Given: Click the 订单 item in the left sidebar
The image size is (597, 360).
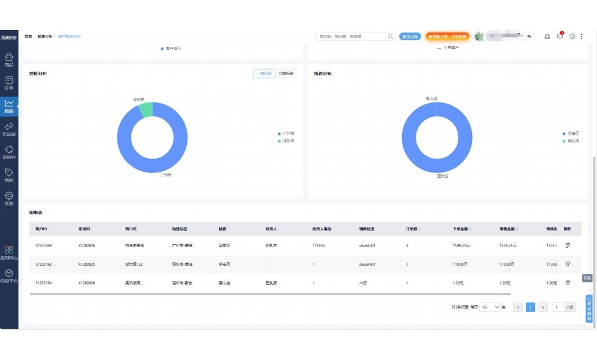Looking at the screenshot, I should click(9, 83).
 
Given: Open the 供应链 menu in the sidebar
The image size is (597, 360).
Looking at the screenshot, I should click(9, 129).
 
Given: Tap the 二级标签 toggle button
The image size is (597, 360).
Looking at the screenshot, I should click(286, 74).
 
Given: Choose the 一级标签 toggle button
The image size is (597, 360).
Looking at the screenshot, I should click(264, 74).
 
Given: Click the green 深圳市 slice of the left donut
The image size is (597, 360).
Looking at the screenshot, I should click(146, 109).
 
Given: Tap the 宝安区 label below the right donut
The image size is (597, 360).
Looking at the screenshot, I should click(443, 175).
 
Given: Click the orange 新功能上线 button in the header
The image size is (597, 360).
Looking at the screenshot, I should click(447, 36).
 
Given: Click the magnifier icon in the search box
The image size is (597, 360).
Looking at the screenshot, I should click(390, 36).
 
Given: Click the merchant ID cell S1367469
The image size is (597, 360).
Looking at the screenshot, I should click(43, 245).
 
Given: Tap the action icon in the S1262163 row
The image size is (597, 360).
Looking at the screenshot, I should click(567, 264).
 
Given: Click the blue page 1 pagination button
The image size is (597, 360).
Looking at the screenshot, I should click(530, 307).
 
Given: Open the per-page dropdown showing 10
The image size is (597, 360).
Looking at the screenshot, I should click(490, 307).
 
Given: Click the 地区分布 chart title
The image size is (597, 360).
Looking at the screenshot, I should click(38, 74).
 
